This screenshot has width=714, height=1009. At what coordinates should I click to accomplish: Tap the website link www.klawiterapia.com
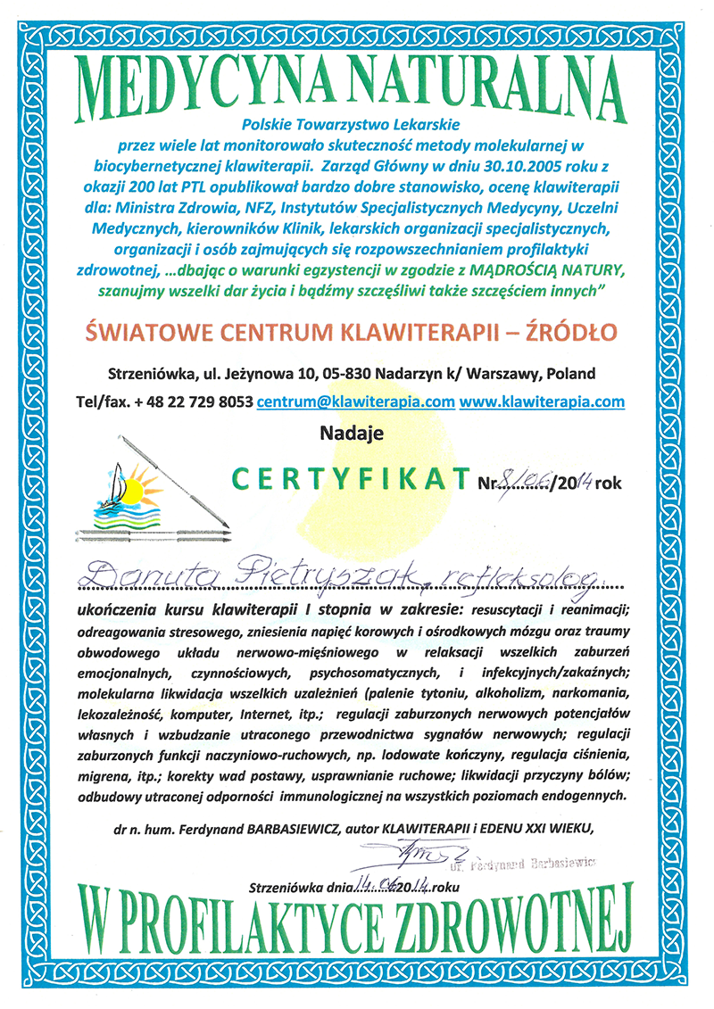click(543, 401)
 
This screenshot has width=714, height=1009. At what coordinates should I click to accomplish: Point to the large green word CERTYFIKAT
click(349, 480)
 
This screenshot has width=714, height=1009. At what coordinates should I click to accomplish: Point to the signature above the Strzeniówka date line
click(410, 851)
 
